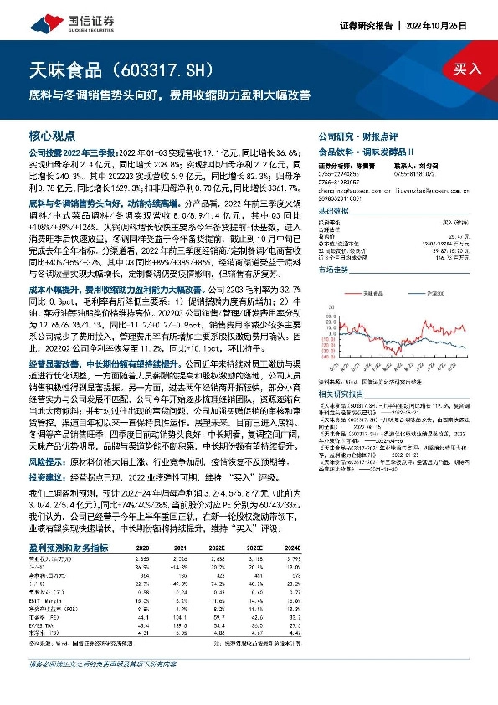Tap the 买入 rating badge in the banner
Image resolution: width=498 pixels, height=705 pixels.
point(469,69)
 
